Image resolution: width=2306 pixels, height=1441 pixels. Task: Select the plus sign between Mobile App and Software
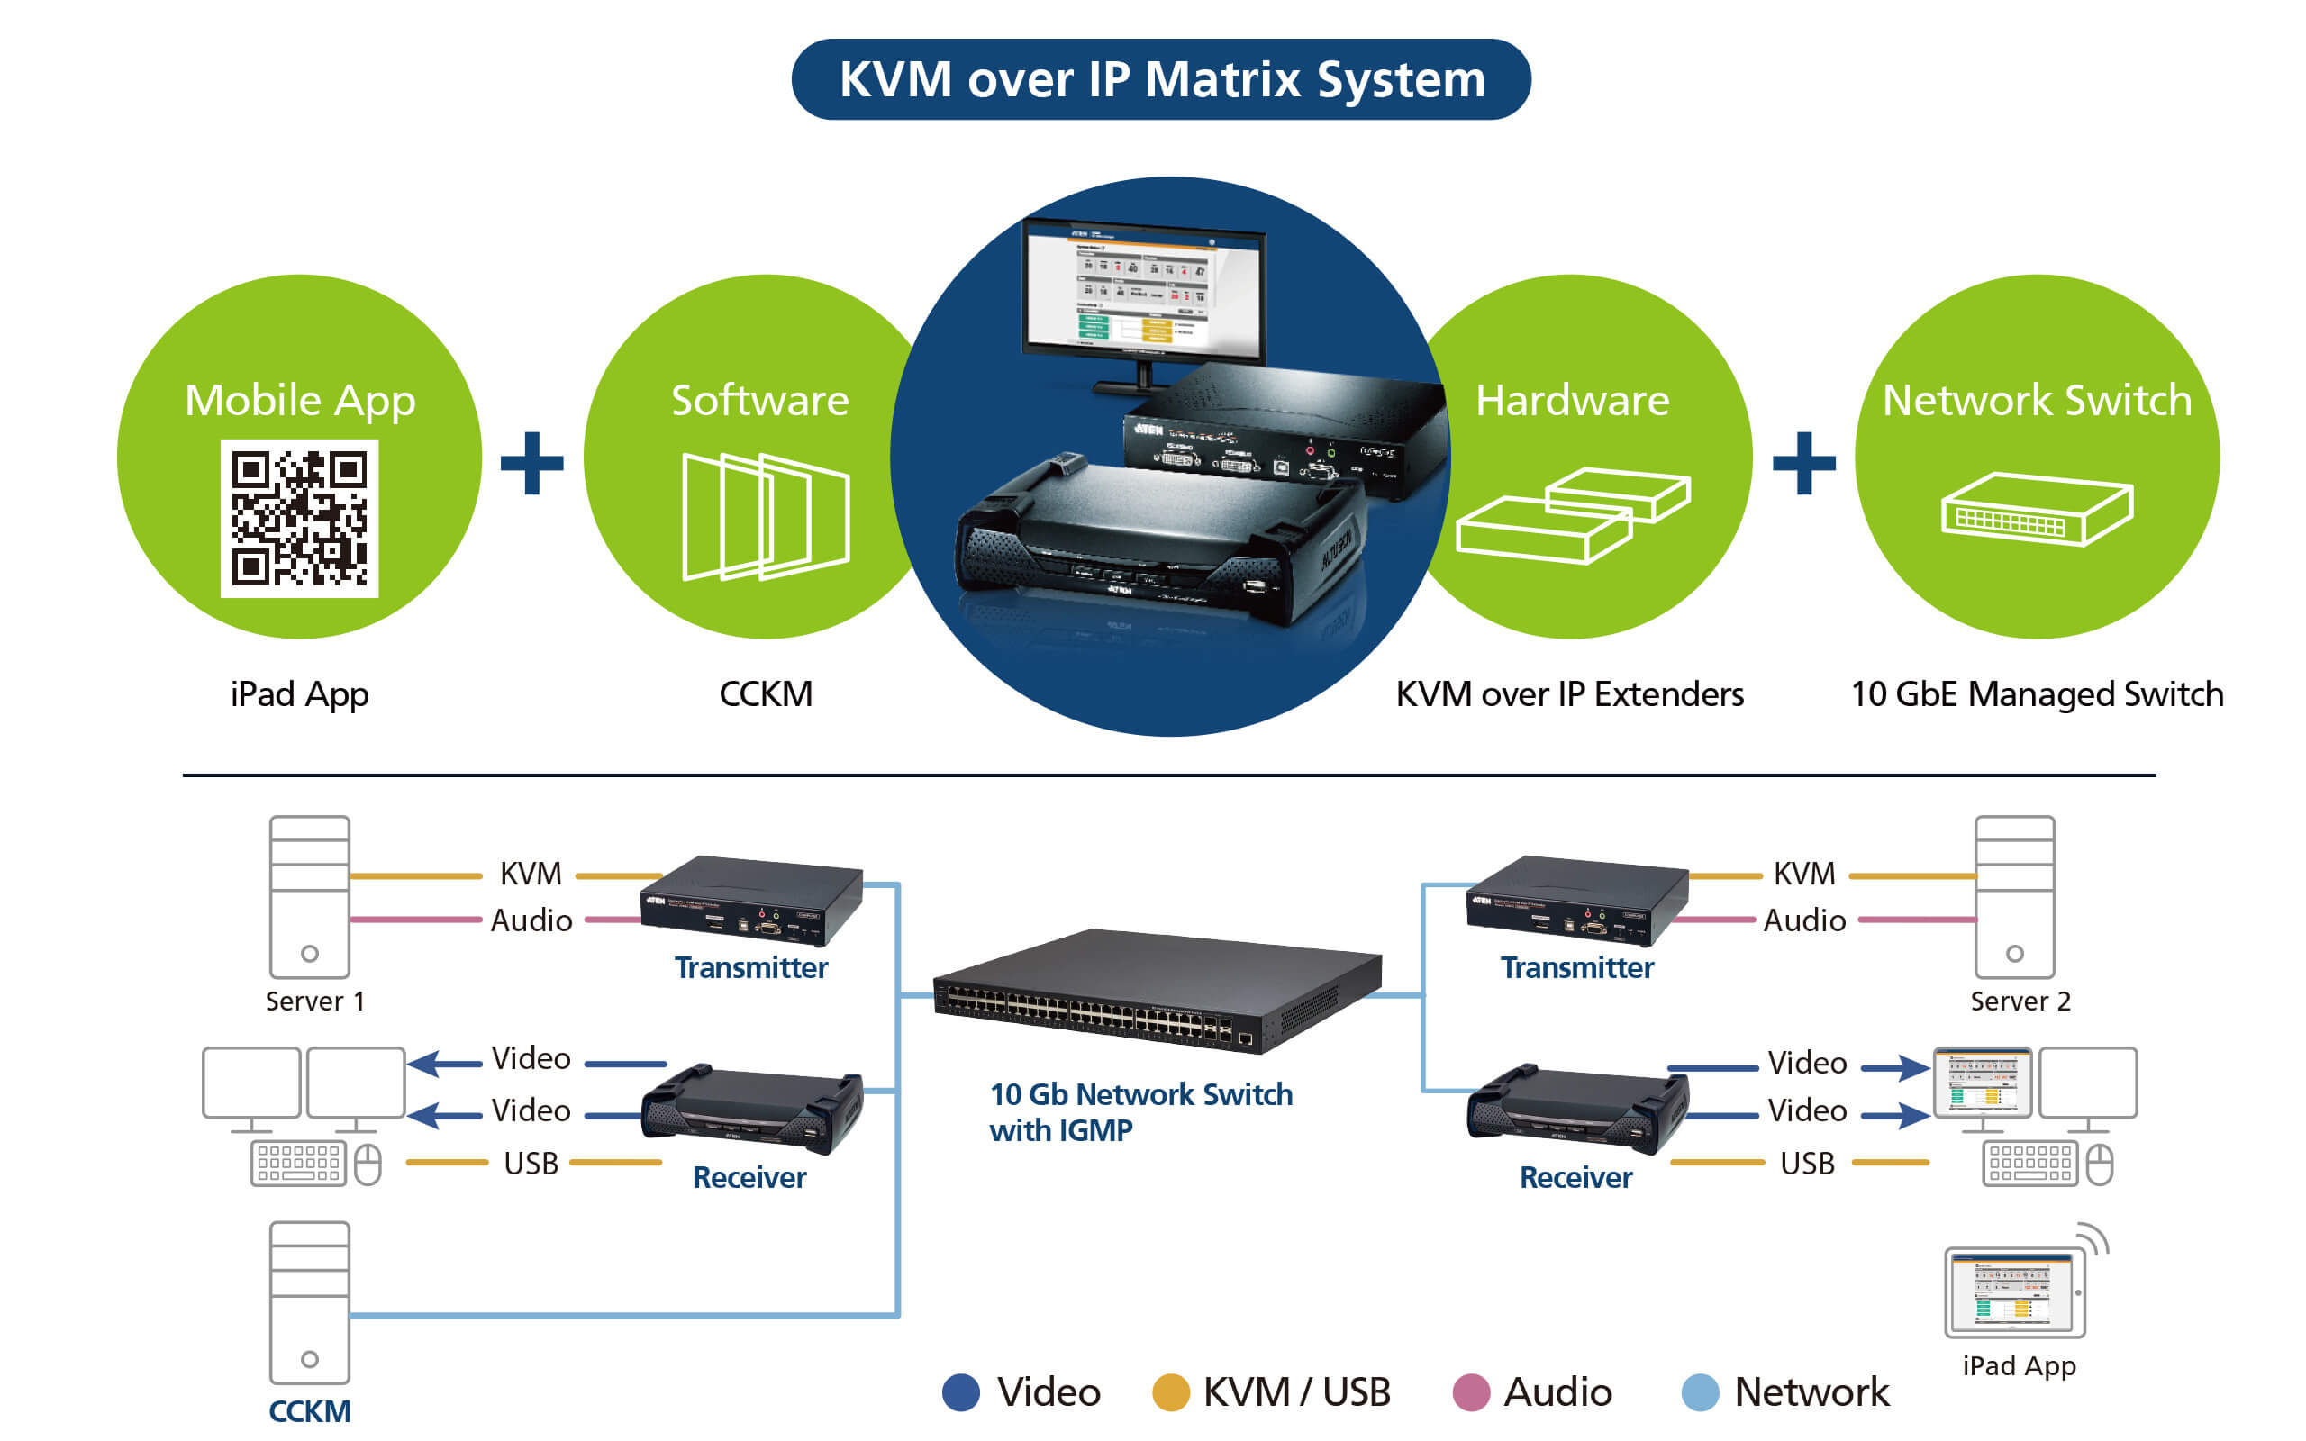[x=531, y=463]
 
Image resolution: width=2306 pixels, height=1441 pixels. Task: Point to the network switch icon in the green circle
[x=2037, y=510]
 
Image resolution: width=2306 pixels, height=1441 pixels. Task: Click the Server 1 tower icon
[x=310, y=896]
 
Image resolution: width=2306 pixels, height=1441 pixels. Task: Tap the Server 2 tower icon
[x=2013, y=896]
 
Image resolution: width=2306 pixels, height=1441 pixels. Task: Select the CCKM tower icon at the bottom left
[x=310, y=1302]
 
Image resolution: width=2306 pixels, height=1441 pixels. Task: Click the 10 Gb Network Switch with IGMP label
[x=1139, y=1111]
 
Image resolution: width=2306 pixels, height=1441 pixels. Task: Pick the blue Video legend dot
[x=960, y=1392]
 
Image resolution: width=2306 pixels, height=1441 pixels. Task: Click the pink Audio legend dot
[x=1470, y=1392]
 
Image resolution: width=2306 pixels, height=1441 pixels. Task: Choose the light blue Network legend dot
[x=1700, y=1392]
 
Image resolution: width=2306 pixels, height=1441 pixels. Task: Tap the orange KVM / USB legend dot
[x=1170, y=1392]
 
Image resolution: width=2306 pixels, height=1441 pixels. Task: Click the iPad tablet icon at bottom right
[x=2014, y=1292]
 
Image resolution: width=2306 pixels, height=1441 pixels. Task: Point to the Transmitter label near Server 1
[x=751, y=968]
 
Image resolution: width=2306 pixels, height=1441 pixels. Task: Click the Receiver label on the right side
[x=1575, y=1178]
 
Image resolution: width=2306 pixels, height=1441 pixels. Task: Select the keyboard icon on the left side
[x=298, y=1163]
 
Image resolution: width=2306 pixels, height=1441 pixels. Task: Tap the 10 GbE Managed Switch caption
[x=2037, y=694]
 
